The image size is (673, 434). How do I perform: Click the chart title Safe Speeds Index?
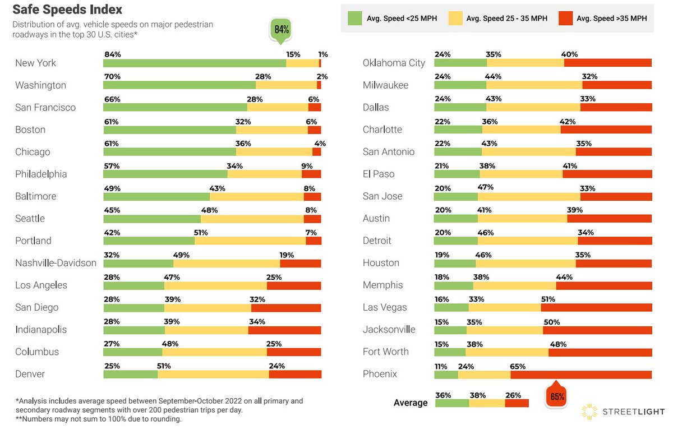(67, 10)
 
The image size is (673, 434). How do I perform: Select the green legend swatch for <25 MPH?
(355, 19)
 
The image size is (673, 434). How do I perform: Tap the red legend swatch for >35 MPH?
(566, 19)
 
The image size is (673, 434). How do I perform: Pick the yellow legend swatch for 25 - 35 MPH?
(455, 19)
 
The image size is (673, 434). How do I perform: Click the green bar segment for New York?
(194, 63)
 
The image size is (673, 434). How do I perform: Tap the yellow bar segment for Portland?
(250, 241)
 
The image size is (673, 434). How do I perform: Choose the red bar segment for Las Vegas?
(596, 308)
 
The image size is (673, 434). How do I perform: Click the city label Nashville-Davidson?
(56, 263)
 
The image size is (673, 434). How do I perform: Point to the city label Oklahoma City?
(394, 63)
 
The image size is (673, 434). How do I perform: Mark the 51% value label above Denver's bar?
(164, 366)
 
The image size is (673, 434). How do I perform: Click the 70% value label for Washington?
(112, 77)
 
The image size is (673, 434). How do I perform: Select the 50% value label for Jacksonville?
(552, 321)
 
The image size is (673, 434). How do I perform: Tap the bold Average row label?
(411, 403)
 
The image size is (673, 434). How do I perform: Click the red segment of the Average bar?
(517, 403)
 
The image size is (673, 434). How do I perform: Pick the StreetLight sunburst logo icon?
(589, 412)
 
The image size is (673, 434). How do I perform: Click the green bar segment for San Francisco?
(175, 108)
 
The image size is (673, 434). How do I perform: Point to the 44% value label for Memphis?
(564, 277)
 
